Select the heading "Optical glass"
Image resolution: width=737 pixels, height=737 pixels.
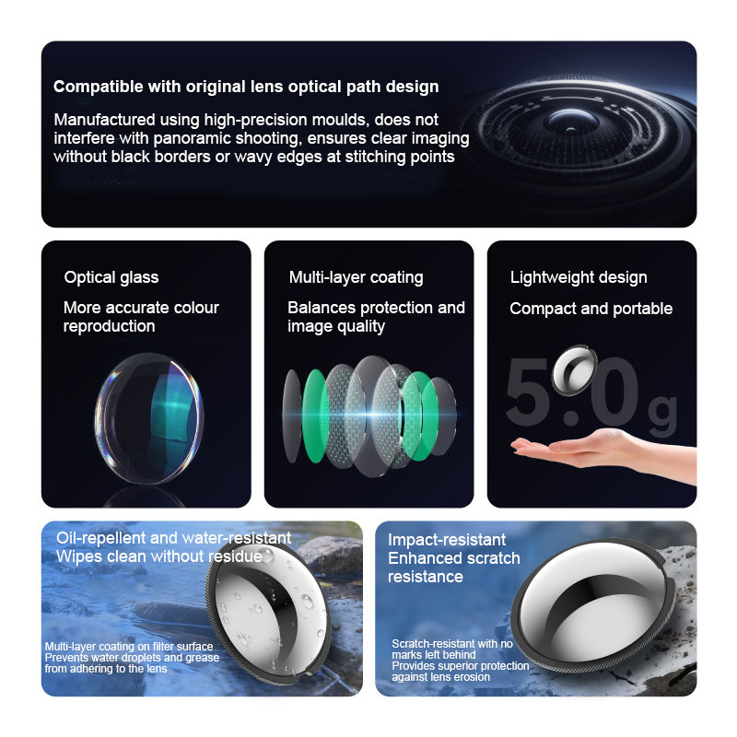point(111,277)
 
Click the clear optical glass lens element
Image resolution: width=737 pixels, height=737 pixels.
point(149,418)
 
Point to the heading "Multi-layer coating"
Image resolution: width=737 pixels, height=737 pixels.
point(356,277)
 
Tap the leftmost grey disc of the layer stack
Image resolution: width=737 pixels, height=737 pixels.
point(291,415)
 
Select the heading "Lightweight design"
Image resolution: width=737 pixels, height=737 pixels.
point(579,277)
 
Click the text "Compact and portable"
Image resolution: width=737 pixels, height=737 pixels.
point(591,309)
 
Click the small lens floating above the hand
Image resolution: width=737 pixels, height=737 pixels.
point(574,370)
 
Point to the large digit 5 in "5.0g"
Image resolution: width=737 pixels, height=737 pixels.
point(528,392)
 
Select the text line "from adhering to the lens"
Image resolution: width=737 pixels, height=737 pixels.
point(106,669)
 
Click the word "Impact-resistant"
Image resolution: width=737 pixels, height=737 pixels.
point(447,540)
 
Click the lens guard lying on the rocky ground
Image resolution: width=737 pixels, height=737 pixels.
point(593,606)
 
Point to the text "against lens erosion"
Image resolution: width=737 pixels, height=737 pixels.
point(441,677)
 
